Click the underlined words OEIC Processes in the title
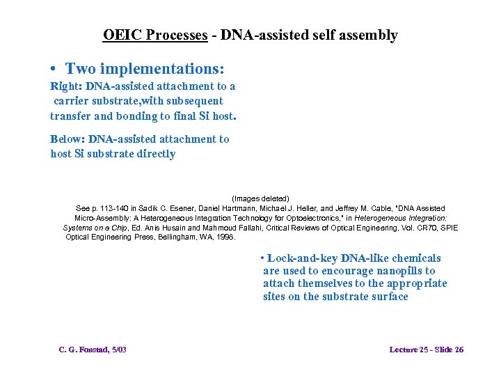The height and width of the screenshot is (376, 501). pos(155,35)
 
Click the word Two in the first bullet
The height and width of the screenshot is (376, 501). pos(81,69)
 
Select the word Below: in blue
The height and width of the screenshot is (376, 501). pos(67,139)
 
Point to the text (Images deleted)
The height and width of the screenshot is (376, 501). pos(260,198)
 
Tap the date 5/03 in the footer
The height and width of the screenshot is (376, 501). pos(118,350)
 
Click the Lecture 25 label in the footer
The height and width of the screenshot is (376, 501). pos(410,350)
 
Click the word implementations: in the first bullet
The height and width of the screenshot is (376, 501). pos(162,69)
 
